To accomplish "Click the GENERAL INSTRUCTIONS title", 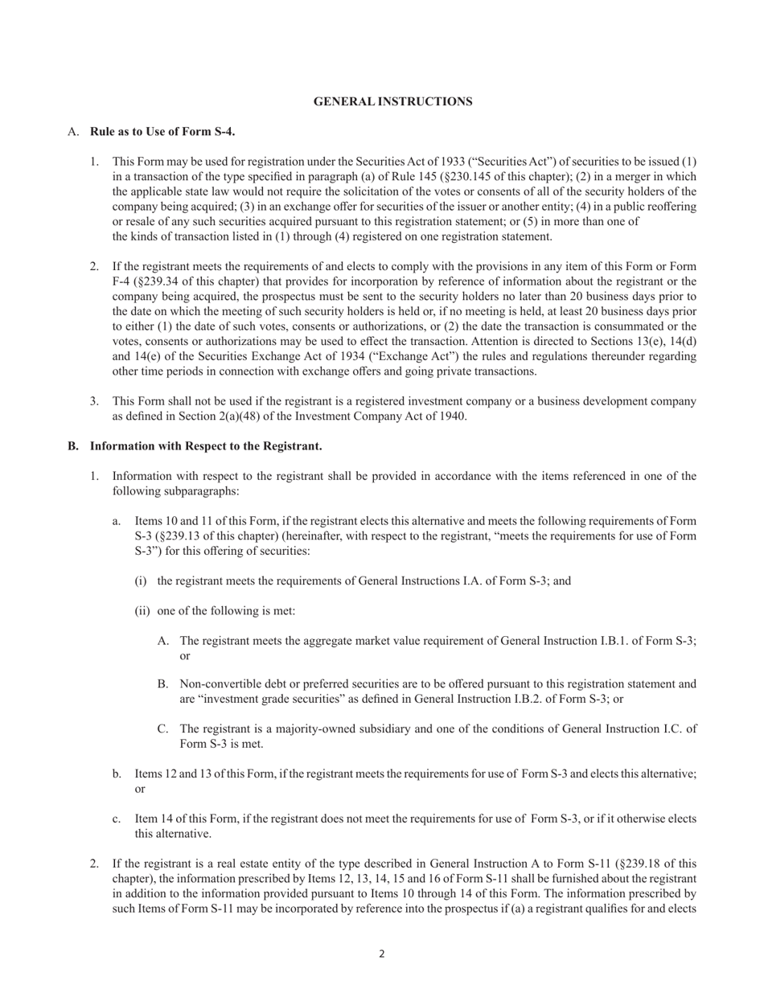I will [x=392, y=101].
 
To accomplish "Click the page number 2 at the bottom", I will [x=382, y=954].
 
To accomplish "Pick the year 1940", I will [x=451, y=417].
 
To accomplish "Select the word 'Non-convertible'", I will [x=217, y=684].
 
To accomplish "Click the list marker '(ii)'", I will [x=142, y=611].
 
